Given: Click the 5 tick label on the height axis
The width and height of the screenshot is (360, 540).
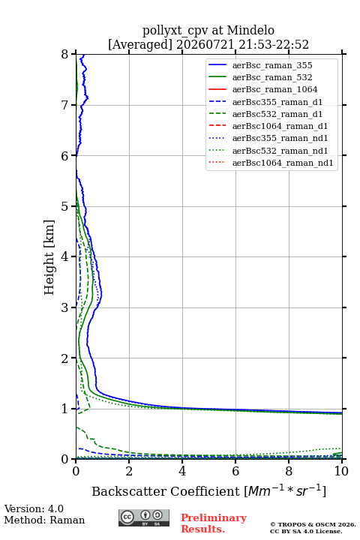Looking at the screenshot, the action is [65, 207].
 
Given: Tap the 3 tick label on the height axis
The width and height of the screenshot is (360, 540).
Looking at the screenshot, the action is [65, 307].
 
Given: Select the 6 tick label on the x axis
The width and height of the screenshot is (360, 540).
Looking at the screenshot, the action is [235, 471].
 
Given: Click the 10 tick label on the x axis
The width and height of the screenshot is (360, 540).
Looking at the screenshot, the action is [341, 471].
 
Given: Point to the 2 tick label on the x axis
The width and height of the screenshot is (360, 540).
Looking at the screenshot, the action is [129, 471].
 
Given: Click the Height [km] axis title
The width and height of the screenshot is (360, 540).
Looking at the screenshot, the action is [49, 257].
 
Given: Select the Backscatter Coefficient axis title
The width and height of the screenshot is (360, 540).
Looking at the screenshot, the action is [208, 490].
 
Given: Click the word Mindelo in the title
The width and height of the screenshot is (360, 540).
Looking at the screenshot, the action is [250, 31].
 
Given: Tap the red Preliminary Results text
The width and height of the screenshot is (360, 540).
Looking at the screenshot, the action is [214, 523].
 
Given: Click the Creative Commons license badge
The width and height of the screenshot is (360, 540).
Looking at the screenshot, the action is [144, 518].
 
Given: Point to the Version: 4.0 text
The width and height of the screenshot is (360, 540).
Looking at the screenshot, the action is [34, 508].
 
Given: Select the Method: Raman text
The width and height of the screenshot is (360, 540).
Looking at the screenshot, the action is [44, 520].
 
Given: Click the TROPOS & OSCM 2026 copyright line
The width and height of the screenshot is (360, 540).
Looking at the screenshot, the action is [313, 524].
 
